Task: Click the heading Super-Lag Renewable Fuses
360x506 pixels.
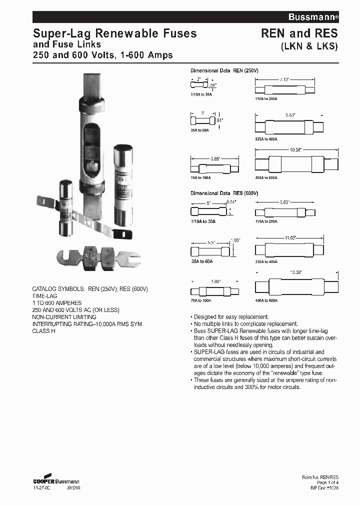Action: pyautogui.click(x=114, y=33)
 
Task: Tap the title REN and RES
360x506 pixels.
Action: pyautogui.click(x=299, y=33)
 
